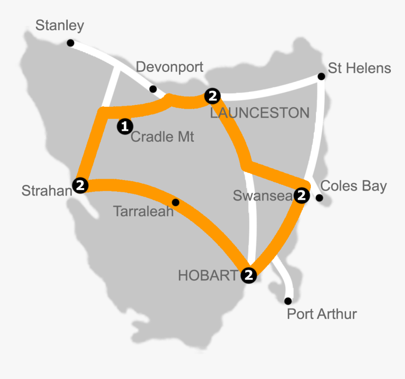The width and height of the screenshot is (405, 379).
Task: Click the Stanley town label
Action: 60,25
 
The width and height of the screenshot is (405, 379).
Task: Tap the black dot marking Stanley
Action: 70,43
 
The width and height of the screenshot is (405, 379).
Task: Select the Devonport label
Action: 170,67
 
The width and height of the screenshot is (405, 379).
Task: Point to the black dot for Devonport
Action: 153,89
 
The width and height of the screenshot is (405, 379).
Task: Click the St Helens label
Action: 359,68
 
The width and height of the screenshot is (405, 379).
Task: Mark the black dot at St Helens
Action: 321,76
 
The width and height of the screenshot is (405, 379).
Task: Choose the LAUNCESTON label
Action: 259,113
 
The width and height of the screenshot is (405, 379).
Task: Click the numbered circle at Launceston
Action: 212,96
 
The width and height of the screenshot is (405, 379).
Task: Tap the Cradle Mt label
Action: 162,137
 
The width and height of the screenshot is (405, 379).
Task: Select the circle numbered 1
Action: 125,126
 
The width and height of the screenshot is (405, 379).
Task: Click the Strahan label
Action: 46,190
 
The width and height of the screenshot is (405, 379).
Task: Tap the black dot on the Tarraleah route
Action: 176,202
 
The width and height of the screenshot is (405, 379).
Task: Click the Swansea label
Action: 263,196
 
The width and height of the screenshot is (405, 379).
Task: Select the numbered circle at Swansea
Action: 301,195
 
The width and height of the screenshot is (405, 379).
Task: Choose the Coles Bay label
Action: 353,186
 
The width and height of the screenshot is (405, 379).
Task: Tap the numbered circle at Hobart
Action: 249,275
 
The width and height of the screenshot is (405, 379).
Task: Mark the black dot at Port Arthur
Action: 288,301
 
